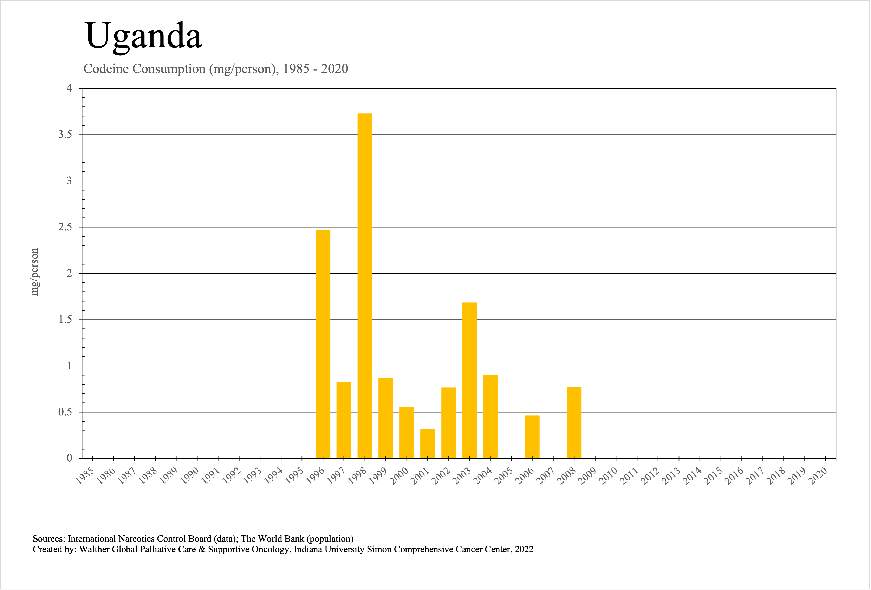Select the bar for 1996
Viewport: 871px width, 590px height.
click(323, 344)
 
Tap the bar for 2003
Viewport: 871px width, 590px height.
click(469, 380)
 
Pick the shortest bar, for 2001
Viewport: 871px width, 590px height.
click(427, 444)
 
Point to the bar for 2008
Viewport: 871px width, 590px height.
click(574, 422)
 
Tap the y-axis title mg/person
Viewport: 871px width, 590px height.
click(34, 272)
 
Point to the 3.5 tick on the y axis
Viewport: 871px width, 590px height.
click(65, 135)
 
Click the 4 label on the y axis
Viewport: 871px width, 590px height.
click(69, 88)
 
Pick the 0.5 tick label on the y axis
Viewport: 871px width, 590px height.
click(65, 412)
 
